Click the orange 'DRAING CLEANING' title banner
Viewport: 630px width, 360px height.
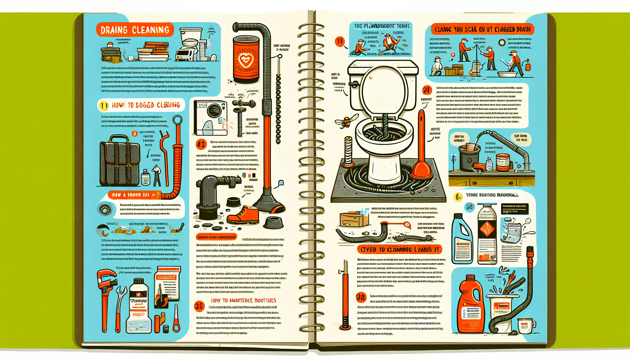point(135,30)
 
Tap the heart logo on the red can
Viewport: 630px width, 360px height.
point(245,60)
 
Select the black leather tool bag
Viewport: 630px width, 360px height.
point(120,161)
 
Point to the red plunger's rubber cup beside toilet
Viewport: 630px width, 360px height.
point(422,171)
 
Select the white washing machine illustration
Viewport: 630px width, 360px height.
point(210,118)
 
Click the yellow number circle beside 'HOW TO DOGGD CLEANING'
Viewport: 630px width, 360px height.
point(103,105)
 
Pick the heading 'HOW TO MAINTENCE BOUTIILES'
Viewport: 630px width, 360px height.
point(243,301)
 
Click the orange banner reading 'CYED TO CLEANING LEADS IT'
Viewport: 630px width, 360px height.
point(400,250)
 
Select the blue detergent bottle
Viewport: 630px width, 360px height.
point(462,239)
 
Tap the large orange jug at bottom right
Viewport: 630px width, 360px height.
point(470,306)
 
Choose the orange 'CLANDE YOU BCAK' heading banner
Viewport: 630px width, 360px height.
point(482,30)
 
